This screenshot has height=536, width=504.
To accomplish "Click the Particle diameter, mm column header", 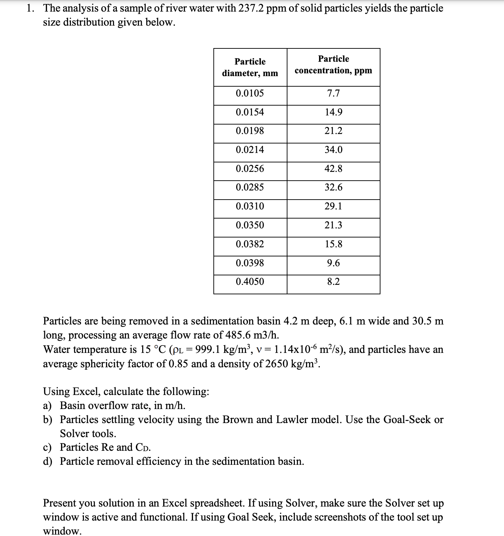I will [x=250, y=67].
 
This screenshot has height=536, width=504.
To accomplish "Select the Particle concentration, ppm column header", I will [x=333, y=65].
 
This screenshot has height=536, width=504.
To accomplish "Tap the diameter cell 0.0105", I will [x=250, y=93].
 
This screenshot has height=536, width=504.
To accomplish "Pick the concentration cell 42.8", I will [x=333, y=169].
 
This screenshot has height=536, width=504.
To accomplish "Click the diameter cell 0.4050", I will [x=250, y=282].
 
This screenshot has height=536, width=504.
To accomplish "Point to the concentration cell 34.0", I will [x=333, y=150].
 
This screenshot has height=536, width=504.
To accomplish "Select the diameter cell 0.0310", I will [x=250, y=206].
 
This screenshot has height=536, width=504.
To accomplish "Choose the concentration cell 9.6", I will [x=333, y=263].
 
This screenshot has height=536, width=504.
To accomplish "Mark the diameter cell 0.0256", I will [x=250, y=169].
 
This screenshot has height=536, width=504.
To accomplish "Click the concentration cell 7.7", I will [x=333, y=93].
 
